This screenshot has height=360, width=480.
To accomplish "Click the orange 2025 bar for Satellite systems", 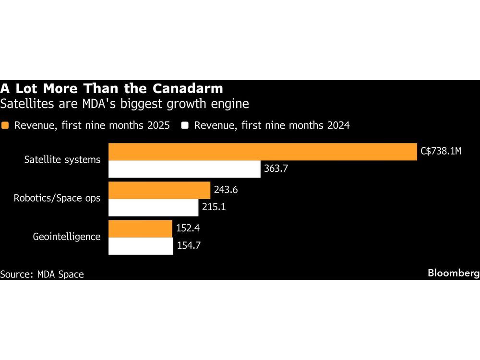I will (263, 152).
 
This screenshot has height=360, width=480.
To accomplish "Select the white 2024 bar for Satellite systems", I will (184, 169).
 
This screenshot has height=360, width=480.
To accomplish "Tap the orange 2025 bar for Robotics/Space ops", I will (159, 190).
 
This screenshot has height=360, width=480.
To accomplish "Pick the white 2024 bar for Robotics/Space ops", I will (153, 207).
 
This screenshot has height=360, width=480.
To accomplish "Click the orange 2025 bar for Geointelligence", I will (140, 228).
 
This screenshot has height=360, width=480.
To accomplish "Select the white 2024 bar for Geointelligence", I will (141, 246).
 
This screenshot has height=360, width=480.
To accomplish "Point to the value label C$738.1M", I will (440, 152).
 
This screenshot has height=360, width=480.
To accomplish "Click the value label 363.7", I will (276, 169).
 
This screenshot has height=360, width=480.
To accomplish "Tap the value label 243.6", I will (226, 190).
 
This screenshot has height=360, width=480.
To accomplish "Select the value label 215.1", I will (214, 207).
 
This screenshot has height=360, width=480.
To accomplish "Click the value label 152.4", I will (188, 228).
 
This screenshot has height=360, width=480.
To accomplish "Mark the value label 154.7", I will (189, 246).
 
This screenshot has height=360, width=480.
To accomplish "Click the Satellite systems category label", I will (62, 160).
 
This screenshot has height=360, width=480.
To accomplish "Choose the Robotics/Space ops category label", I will (57, 198).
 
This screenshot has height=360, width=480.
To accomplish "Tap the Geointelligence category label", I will (67, 237).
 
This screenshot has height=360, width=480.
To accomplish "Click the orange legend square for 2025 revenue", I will (5, 126).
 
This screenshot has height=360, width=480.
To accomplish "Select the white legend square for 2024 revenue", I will (185, 126).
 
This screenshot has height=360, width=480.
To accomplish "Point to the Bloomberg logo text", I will (454, 273).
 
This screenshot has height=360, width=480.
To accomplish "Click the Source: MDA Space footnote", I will (42, 275).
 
